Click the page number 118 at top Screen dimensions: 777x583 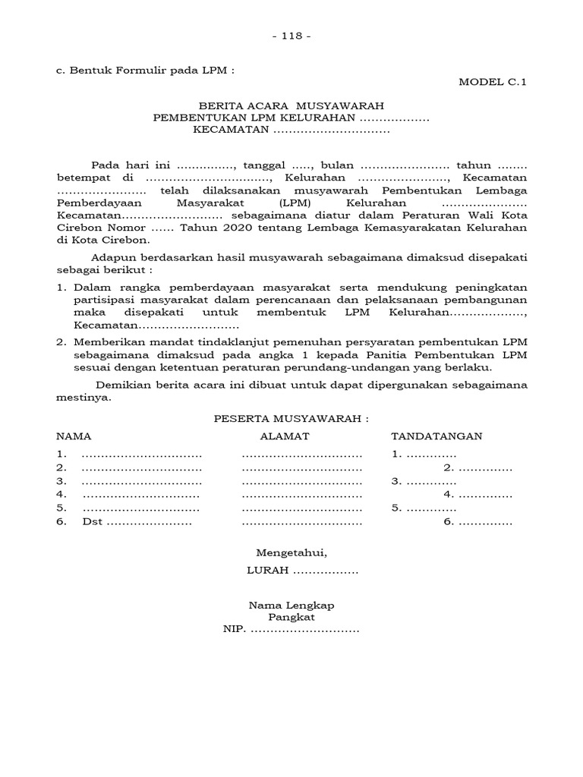pos(291,36)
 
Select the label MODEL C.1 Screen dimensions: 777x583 pos(492,83)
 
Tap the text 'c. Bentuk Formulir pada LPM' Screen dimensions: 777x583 pos(145,71)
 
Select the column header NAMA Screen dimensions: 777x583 pos(74,436)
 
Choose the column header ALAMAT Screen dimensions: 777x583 pos(285,436)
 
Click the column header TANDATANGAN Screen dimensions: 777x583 pos(436,436)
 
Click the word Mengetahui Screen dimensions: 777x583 pos(291,552)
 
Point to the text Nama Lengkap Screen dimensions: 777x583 pos(291,605)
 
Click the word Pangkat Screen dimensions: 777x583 pos(291,617)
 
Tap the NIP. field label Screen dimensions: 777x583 pos(235,630)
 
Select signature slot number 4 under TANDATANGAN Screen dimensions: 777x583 pos(448,495)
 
